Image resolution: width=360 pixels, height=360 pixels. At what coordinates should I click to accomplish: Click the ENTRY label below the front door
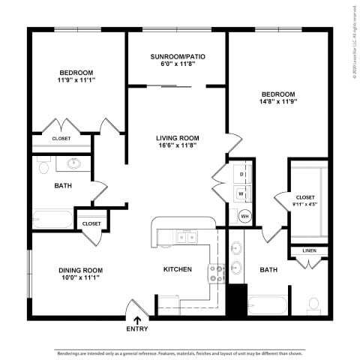pos(137,328)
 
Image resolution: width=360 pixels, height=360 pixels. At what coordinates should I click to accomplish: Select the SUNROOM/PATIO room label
pos(178,56)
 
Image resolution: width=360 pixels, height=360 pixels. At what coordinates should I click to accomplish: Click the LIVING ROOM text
pos(177,138)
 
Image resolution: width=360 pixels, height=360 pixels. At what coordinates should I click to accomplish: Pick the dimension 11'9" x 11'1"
pos(76,80)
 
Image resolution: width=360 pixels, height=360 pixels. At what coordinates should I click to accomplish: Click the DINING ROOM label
pos(80,270)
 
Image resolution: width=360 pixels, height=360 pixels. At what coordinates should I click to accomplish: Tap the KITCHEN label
pos(178,269)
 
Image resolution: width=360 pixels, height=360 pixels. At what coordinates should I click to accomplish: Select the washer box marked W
pos(241,193)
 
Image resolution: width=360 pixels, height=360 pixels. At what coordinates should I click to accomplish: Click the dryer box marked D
pos(241,174)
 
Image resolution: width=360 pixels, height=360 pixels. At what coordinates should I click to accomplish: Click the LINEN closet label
pos(309,250)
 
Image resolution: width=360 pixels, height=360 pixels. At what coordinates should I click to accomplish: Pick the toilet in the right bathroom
pos(314,304)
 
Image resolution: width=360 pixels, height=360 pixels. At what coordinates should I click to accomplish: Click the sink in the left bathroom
pos(74,163)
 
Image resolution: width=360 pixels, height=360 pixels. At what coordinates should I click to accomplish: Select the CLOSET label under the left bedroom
pos(61,139)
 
